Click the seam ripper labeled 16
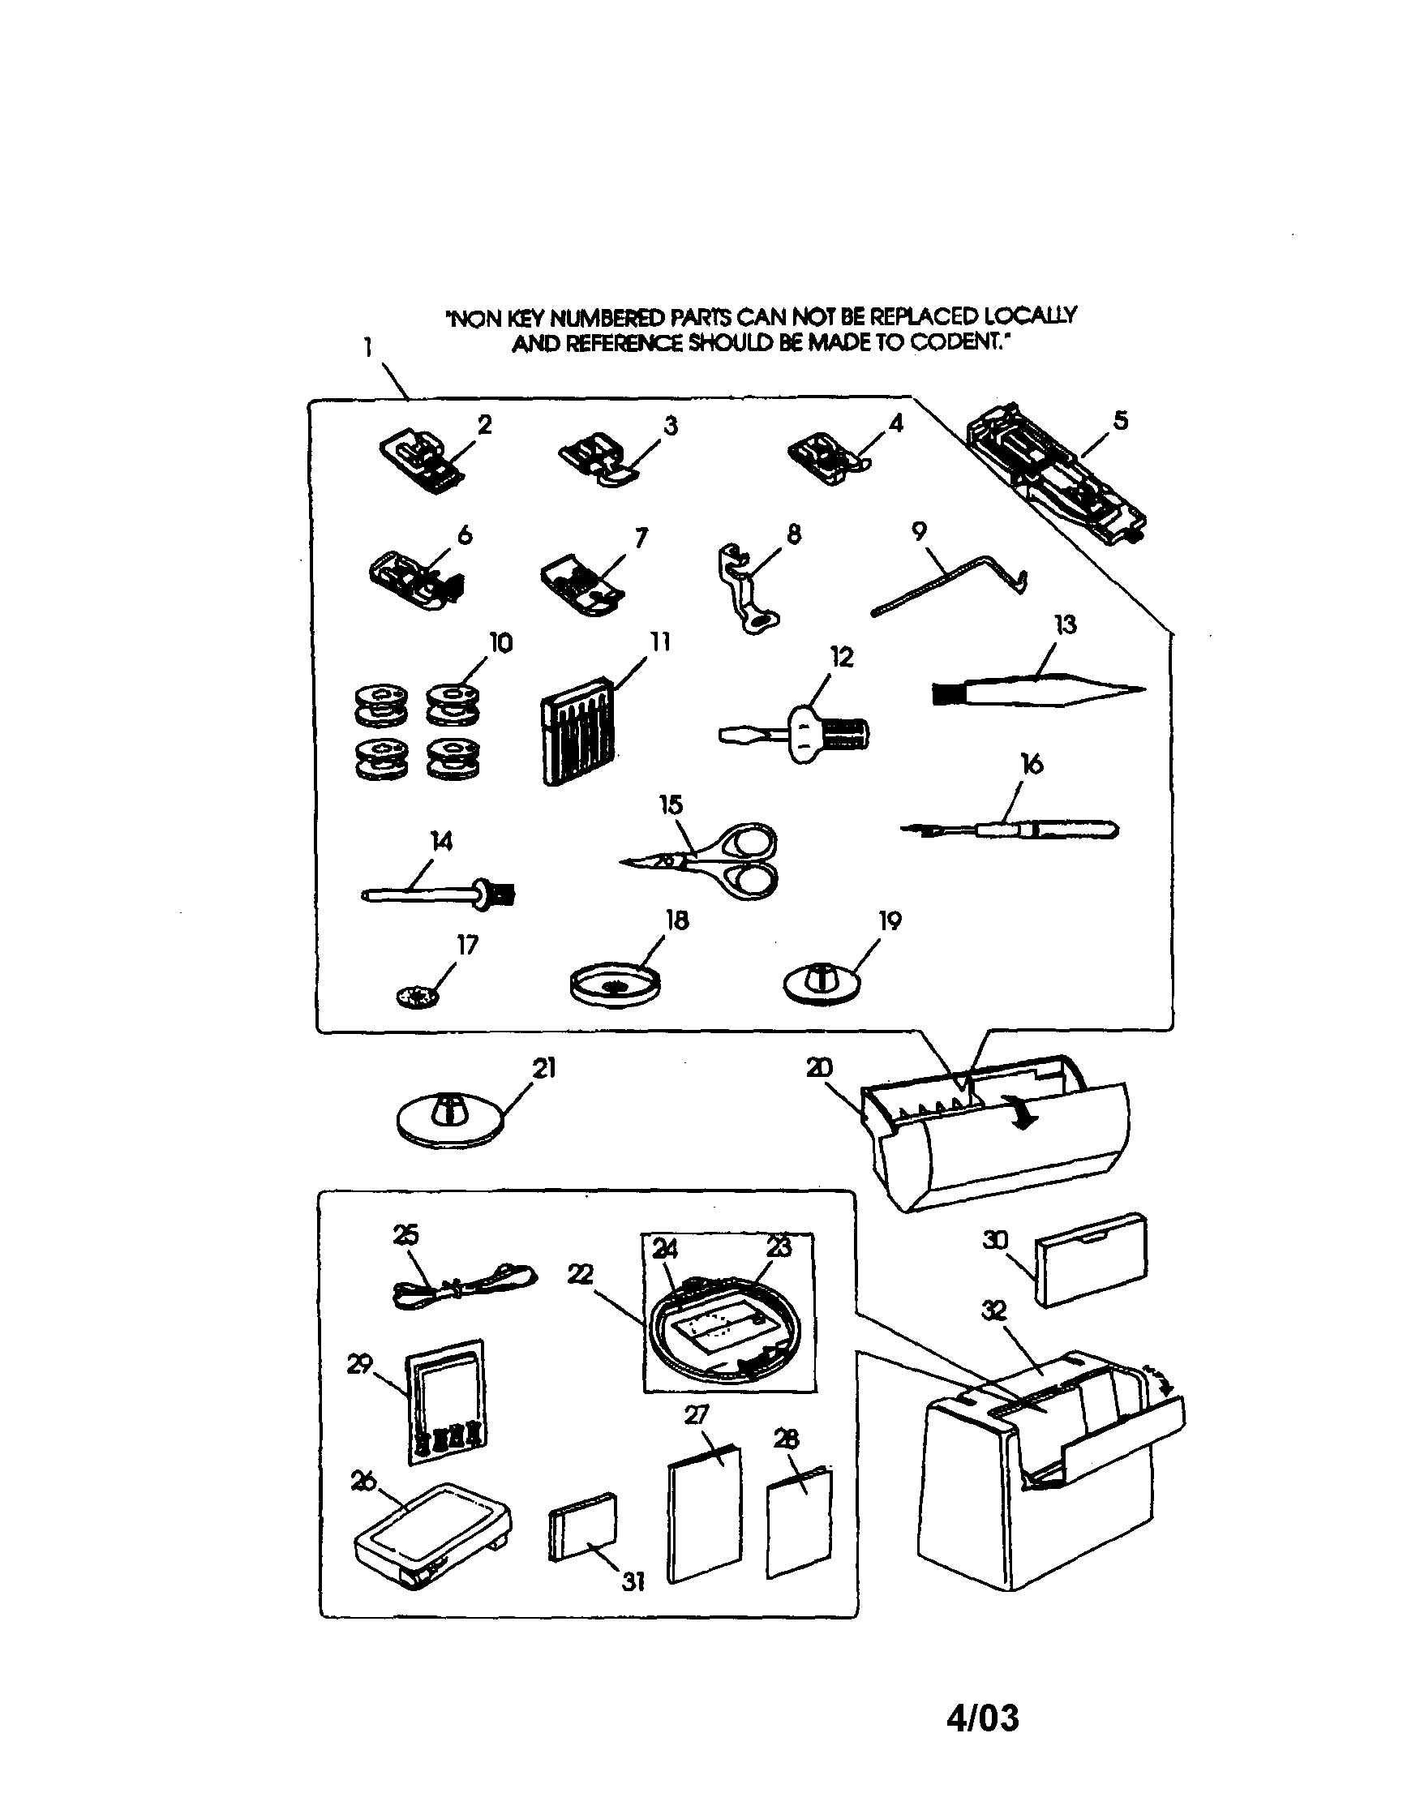pos(1017,829)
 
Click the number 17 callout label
pos(468,944)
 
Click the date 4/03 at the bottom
pos(982,1718)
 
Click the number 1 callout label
pos(367,348)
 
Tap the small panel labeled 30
pos(1092,1260)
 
